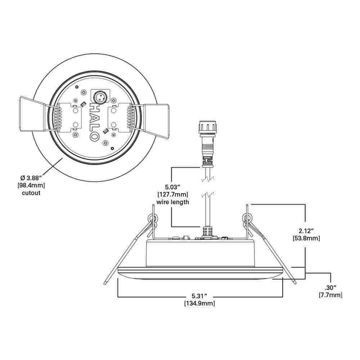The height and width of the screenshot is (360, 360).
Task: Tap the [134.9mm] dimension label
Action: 200,303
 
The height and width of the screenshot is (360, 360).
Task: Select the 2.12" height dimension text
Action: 306,230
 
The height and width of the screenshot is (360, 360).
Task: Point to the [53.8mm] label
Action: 306,238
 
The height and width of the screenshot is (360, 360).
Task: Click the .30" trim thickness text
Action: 330,287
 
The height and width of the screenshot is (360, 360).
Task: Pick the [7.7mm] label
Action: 330,295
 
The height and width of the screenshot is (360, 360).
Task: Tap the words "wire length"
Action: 173,202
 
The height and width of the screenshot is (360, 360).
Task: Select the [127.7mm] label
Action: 173,194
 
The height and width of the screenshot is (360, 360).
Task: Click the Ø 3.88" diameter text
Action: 31,177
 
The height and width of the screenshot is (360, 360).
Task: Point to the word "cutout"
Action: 31,193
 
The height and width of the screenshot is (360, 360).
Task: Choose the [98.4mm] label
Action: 31,185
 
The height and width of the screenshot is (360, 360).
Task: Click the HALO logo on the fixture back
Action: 94,122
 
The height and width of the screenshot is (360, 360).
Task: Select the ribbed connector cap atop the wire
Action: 207,127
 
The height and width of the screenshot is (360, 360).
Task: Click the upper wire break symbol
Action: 208,179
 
